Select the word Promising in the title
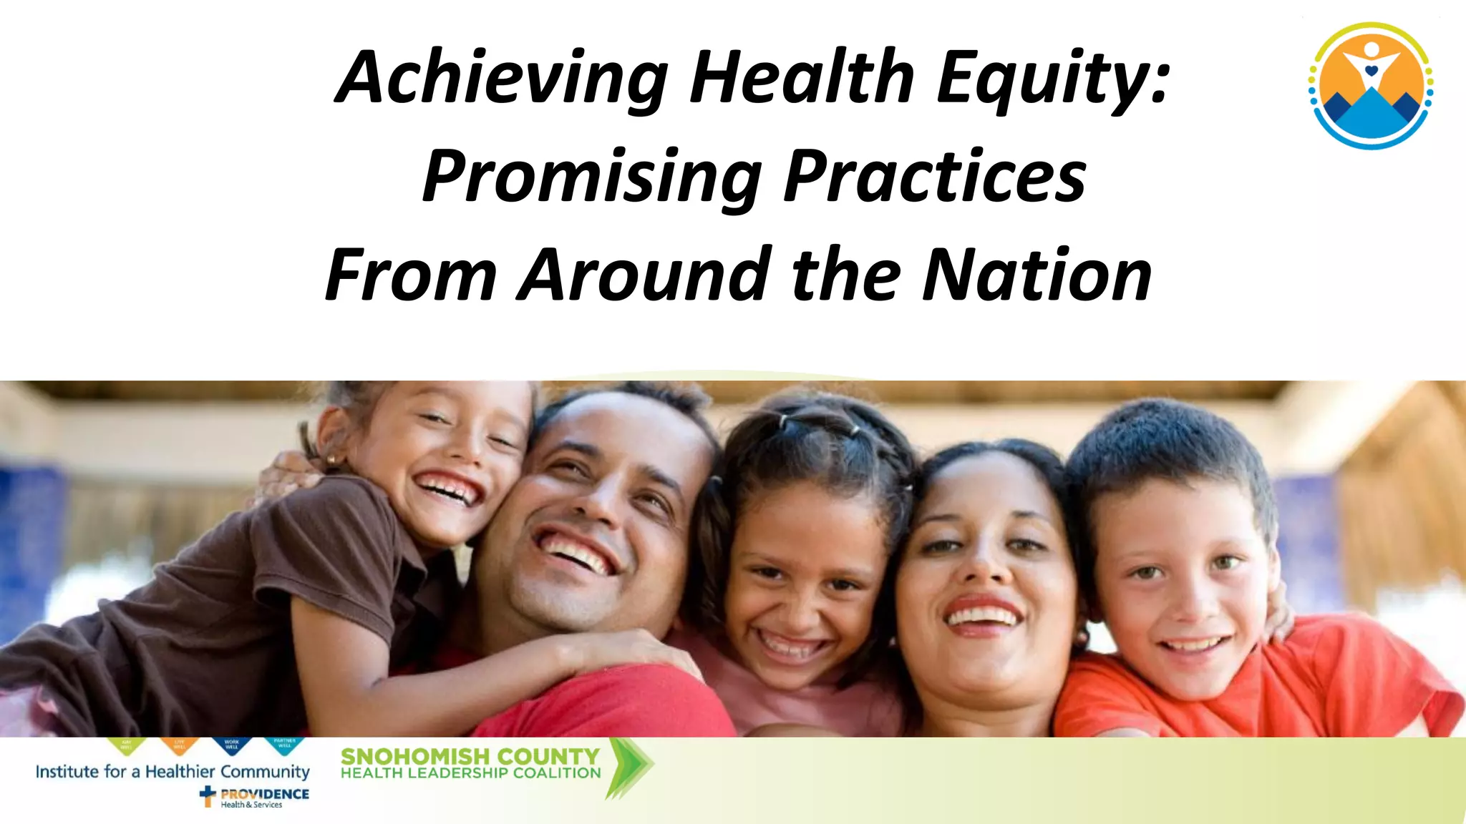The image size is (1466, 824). tap(591, 177)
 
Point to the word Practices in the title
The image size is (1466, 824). tap(935, 177)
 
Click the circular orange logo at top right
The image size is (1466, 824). tap(1370, 86)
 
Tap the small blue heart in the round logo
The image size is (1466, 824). tap(1371, 71)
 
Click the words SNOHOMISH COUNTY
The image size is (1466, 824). tap(470, 756)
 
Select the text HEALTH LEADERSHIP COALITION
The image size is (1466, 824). tap(470, 773)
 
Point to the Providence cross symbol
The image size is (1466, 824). tap(208, 796)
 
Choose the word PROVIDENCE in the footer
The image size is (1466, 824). tap(265, 794)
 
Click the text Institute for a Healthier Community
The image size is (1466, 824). tap(173, 772)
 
